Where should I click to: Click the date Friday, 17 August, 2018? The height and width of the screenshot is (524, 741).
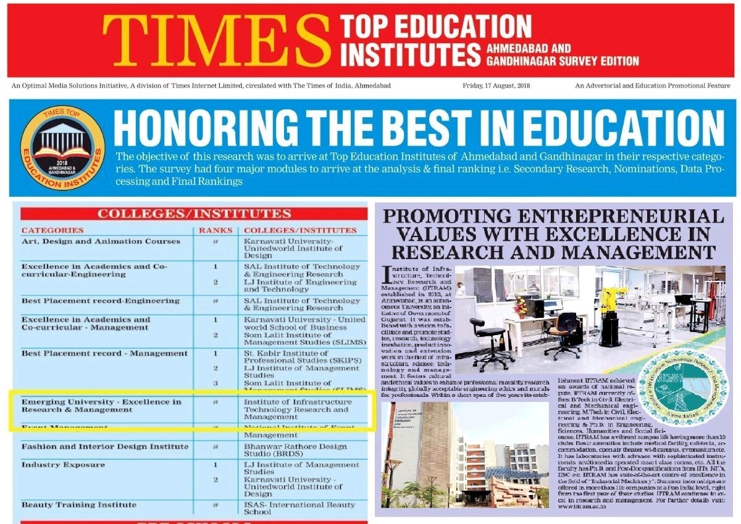click(x=496, y=86)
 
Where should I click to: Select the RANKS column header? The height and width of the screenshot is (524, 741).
click(x=216, y=230)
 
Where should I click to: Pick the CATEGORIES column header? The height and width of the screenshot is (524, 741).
click(x=52, y=230)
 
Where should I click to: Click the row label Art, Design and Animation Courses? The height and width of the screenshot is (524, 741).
click(x=101, y=241)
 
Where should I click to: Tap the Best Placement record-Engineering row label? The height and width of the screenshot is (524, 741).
click(x=101, y=301)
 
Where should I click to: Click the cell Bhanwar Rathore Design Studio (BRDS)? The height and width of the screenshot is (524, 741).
click(x=295, y=450)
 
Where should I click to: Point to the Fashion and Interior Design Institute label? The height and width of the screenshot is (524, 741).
click(x=105, y=446)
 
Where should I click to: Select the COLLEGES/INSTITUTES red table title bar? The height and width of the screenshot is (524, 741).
click(x=195, y=214)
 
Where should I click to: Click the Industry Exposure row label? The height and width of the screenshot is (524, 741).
click(x=63, y=464)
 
